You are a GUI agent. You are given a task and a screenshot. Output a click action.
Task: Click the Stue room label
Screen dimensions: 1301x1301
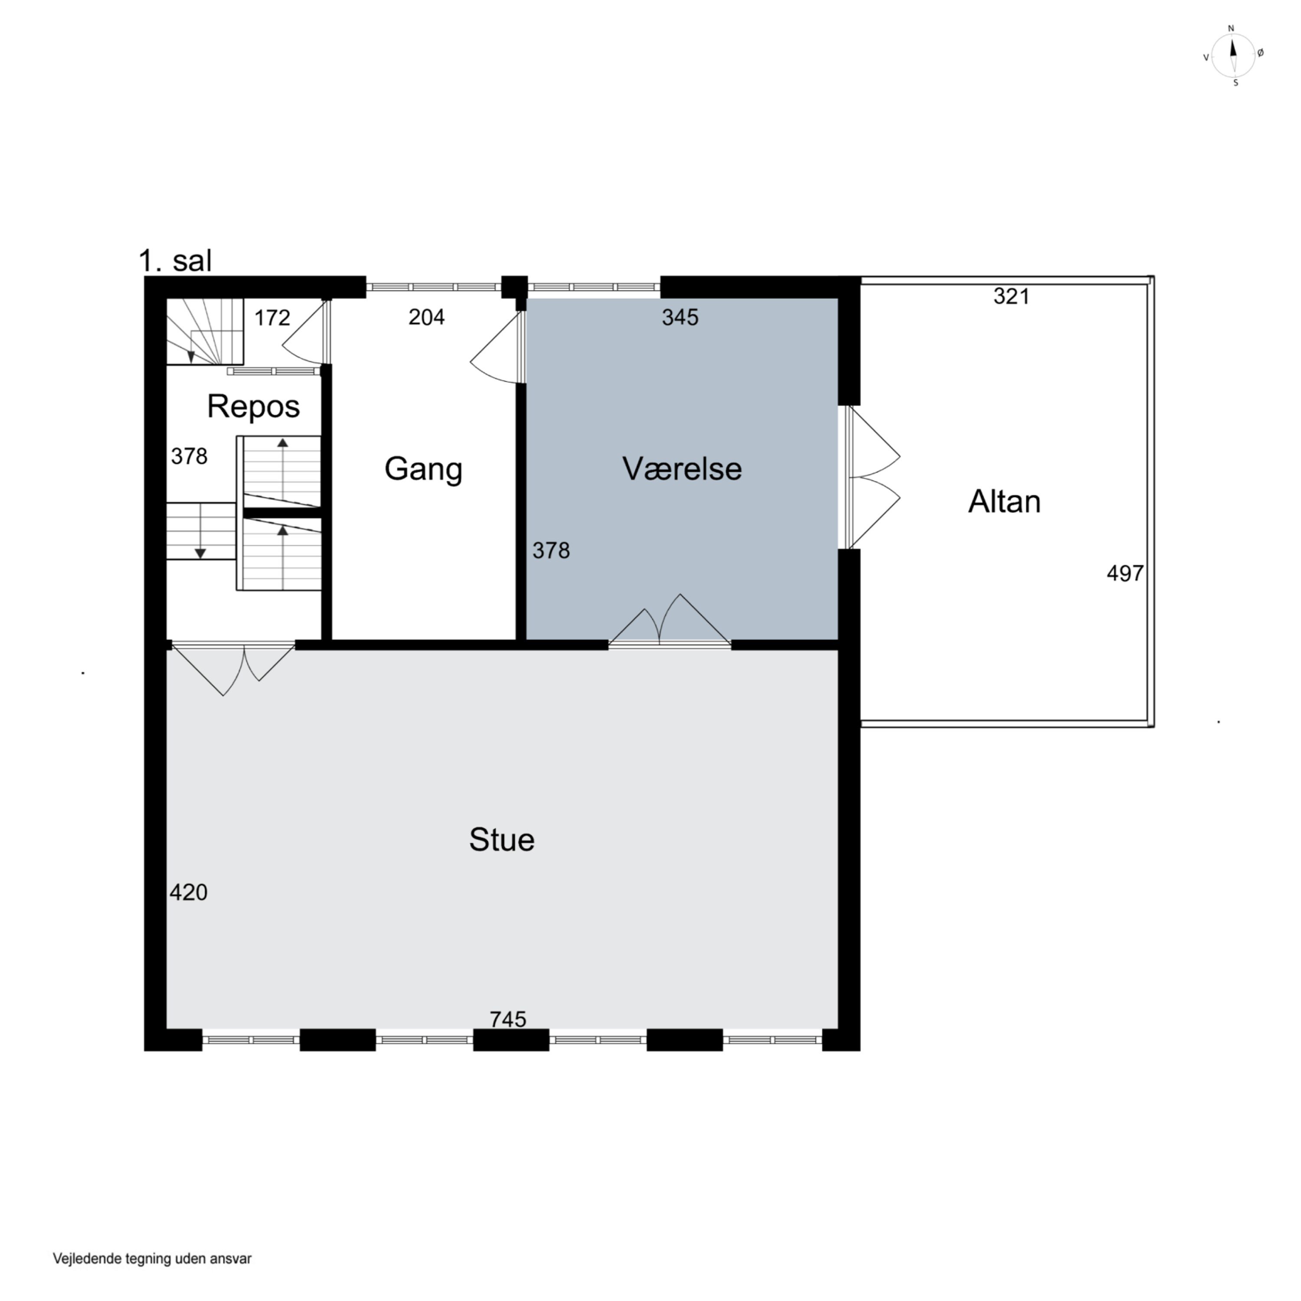[x=502, y=840]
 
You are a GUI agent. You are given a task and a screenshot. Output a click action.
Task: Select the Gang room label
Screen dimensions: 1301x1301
[x=424, y=469]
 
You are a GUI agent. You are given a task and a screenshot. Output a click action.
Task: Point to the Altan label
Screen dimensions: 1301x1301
[x=1004, y=502]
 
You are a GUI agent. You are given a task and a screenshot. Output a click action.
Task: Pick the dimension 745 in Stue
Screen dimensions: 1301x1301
[x=508, y=1020]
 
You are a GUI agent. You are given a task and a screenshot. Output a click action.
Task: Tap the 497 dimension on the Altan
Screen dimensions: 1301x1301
[x=1125, y=573]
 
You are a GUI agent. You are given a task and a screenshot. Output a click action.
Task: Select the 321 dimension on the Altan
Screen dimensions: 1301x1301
[x=1011, y=296]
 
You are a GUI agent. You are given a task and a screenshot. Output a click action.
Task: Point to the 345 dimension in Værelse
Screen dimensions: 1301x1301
[x=680, y=317]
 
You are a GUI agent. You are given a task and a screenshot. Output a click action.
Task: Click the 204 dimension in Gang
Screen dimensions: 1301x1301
[x=426, y=317]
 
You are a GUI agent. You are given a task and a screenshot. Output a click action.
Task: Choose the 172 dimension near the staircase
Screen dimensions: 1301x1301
[x=272, y=317]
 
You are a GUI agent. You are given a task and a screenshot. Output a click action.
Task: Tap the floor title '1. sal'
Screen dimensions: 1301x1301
[x=175, y=261]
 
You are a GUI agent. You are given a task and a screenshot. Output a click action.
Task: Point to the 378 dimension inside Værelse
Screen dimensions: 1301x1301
[x=551, y=551]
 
